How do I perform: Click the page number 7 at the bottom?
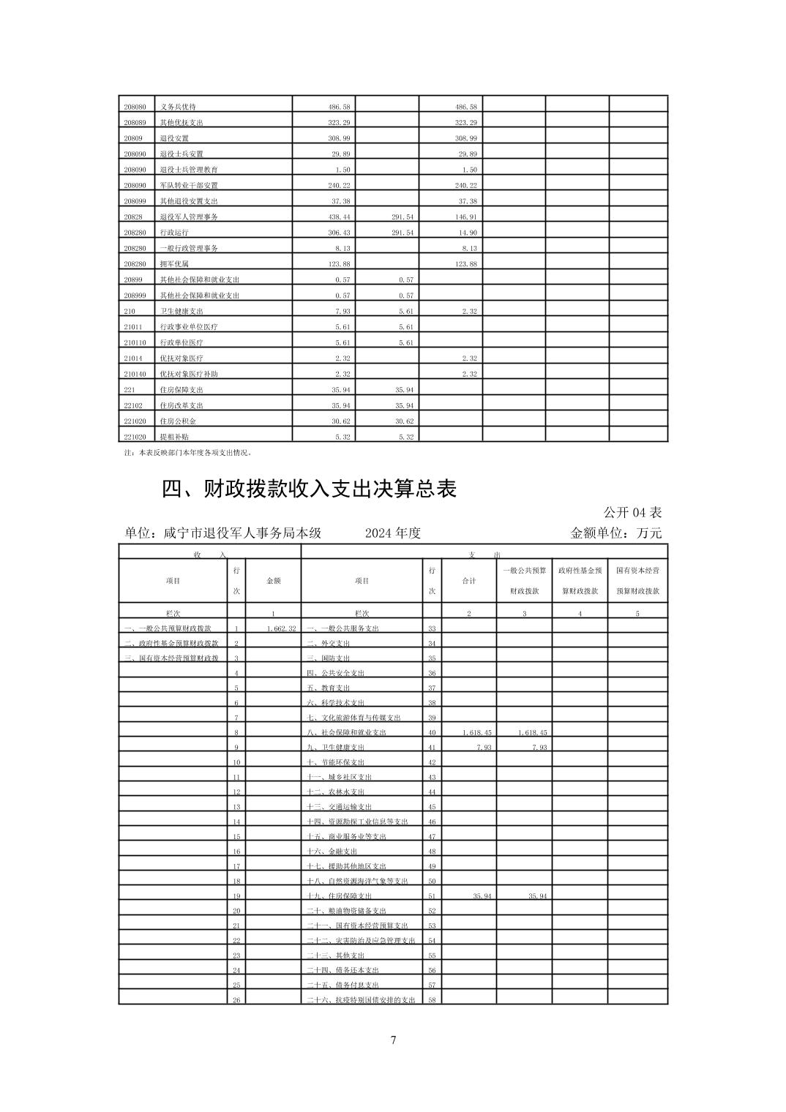point(393,1040)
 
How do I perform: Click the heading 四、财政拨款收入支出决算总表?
point(309,489)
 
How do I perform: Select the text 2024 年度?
point(393,533)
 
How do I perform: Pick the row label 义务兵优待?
point(178,107)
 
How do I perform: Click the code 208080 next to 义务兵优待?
point(135,107)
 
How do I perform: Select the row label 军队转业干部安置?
point(189,185)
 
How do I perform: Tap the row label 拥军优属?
point(174,264)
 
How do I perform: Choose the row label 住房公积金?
point(178,421)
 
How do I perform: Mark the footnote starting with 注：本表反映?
point(189,453)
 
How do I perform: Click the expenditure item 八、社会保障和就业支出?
point(347,732)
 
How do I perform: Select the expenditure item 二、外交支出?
point(329,644)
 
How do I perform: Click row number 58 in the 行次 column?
point(432,1000)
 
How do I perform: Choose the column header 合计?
point(469,581)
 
